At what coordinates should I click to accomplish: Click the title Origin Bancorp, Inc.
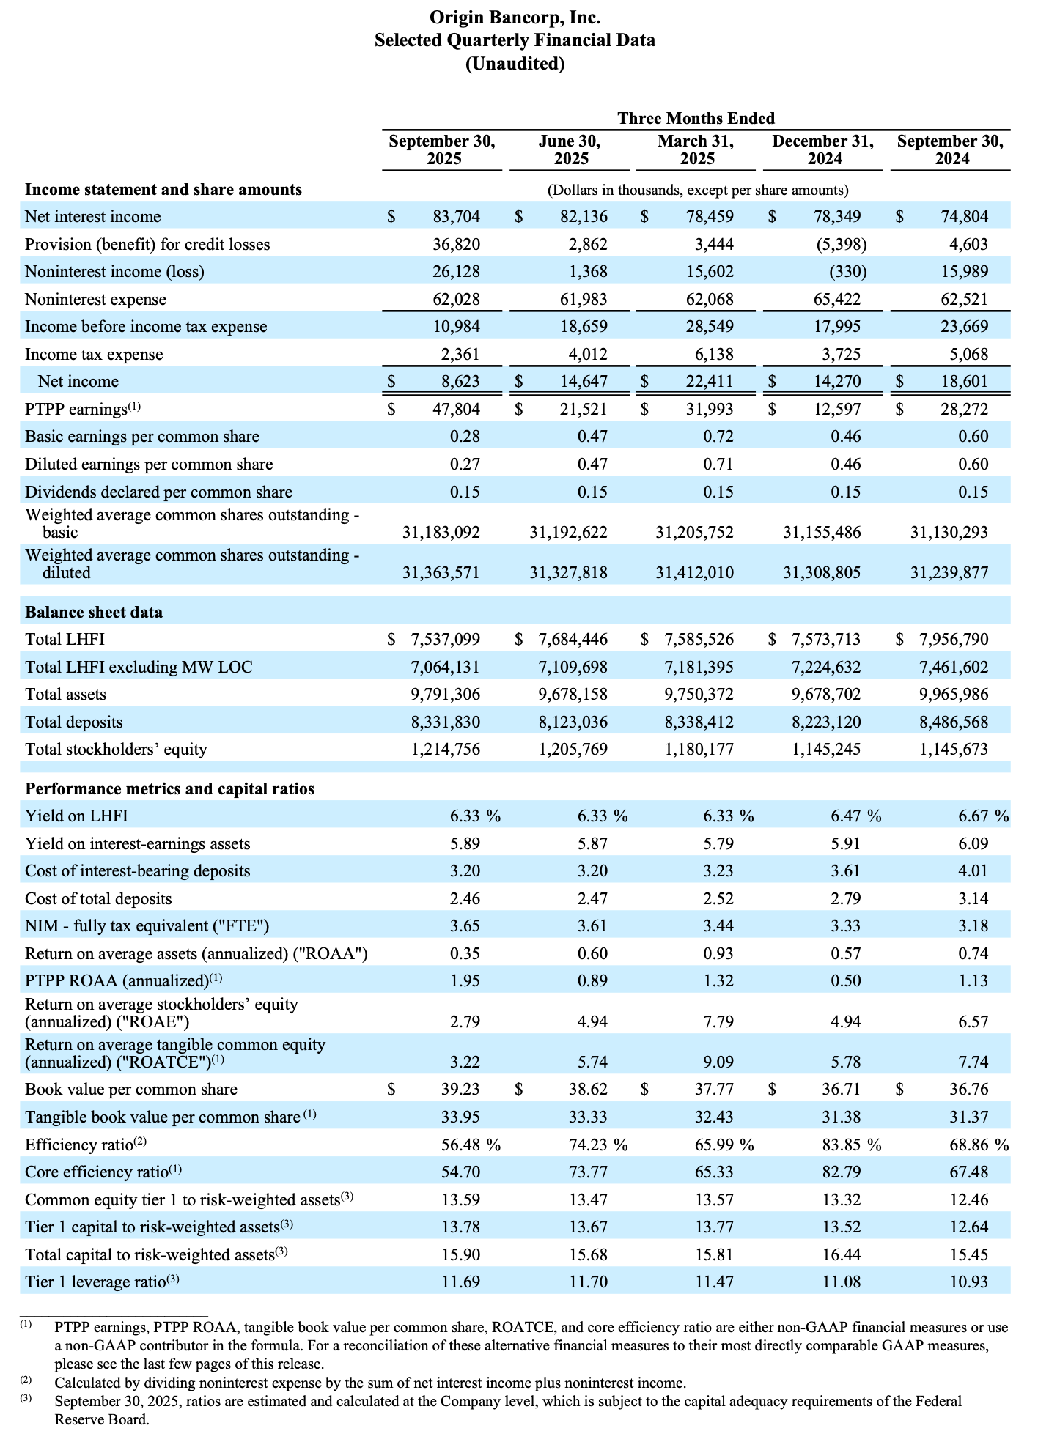pos(515,17)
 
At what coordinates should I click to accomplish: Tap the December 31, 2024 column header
pos(822,150)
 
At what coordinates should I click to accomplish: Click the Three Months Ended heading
pos(696,118)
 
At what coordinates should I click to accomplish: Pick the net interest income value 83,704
pos(456,217)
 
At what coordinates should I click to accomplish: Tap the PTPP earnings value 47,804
pos(456,409)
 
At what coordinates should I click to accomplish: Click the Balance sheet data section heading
pos(94,613)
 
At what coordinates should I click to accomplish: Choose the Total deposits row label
pos(74,722)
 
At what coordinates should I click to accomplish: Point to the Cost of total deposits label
pos(98,899)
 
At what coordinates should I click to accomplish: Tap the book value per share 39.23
pos(460,1090)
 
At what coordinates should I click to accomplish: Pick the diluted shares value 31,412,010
pos(694,572)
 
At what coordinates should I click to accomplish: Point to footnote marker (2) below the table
pos(26,1381)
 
